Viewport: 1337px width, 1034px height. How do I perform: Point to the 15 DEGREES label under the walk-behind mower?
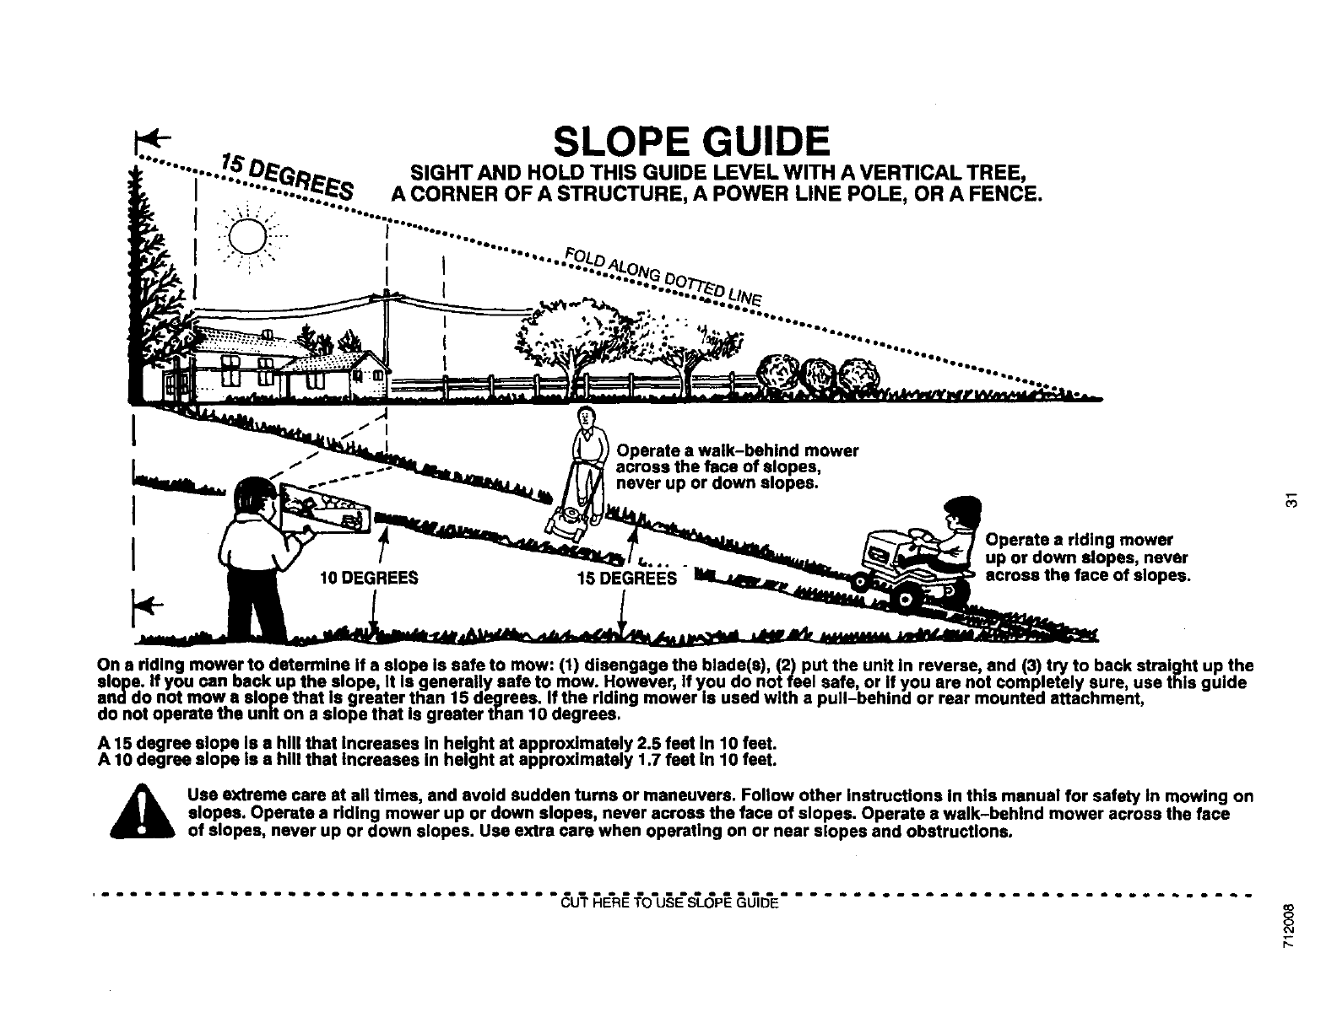coord(627,579)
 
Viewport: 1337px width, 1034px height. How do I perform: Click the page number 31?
coord(1289,498)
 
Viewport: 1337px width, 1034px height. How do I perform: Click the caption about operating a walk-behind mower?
coord(738,466)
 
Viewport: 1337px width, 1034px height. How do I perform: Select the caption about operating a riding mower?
coord(1087,557)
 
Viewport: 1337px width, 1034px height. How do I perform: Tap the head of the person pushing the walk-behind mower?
coord(587,416)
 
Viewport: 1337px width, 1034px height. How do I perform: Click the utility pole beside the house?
coord(387,337)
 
